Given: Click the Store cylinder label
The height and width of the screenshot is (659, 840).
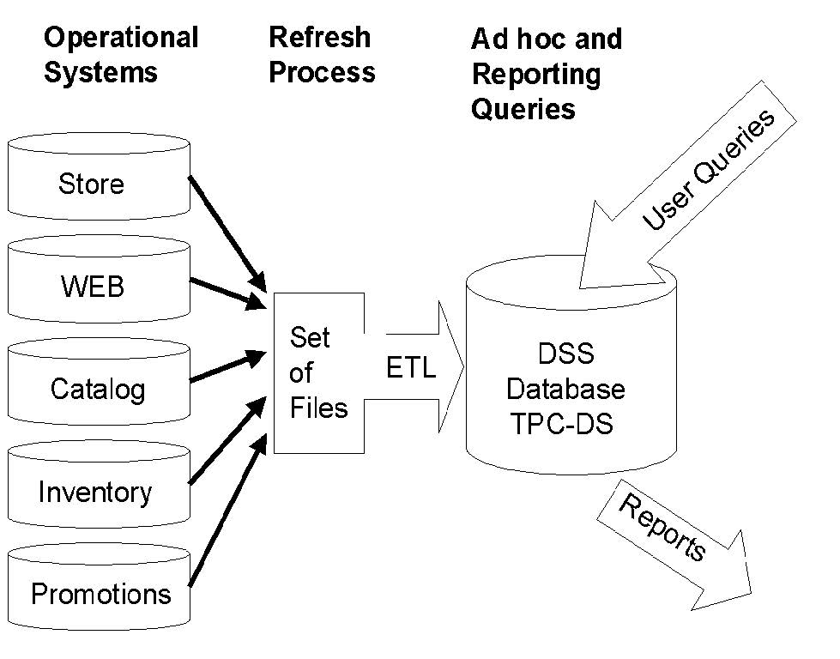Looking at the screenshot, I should point(91,184).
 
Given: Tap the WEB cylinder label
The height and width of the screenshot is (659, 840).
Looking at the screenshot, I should point(92,287).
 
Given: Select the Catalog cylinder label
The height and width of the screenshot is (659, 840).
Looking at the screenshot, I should point(97,389).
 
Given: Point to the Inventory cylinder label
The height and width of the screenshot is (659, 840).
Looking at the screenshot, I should point(95,492).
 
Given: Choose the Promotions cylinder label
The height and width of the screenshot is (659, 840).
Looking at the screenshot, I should point(100,594).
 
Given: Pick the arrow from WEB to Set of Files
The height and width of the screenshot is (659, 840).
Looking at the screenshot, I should point(225,292).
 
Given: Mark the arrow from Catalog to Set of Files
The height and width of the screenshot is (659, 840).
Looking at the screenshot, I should point(225,367).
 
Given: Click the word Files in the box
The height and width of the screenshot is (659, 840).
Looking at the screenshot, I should point(318,408).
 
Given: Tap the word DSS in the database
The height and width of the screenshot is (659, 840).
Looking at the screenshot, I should point(565,354).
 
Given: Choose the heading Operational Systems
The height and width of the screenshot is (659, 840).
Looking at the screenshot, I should point(120,55).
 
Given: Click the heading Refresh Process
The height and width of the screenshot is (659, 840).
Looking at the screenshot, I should point(321,55).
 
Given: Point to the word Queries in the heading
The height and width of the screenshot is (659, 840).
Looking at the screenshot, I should point(523,109).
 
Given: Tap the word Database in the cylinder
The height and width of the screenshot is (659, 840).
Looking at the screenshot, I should point(565,389).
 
